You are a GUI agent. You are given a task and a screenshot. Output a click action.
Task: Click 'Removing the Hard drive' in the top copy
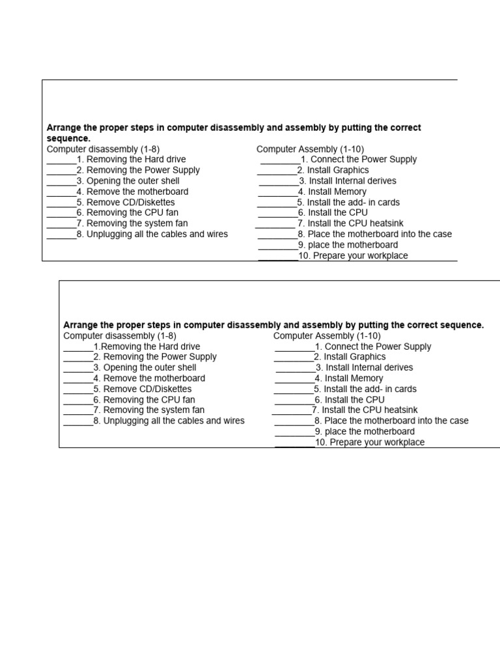click(x=136, y=160)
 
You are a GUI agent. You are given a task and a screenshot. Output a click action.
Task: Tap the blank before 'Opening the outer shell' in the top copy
click(x=61, y=181)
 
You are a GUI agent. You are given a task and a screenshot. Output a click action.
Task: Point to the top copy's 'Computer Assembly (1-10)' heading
click(x=311, y=149)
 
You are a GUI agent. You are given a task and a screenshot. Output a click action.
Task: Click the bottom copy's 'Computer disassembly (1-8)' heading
click(x=120, y=335)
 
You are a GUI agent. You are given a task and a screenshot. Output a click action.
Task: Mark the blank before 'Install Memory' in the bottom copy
click(x=294, y=378)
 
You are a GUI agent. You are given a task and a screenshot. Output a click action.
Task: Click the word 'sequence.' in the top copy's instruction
click(x=68, y=139)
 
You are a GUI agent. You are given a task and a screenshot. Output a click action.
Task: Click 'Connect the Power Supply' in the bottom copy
click(x=378, y=347)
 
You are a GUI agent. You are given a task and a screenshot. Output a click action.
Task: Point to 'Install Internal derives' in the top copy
click(x=352, y=181)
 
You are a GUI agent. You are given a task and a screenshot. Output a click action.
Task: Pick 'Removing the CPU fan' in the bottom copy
click(x=149, y=400)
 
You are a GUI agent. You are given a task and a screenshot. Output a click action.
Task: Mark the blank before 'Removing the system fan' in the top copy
click(x=61, y=223)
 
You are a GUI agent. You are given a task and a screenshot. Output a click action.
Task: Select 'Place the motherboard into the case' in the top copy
click(x=380, y=234)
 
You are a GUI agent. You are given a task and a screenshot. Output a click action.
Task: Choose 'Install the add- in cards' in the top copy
click(x=353, y=203)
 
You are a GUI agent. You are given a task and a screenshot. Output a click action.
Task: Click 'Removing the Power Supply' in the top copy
click(x=143, y=171)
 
